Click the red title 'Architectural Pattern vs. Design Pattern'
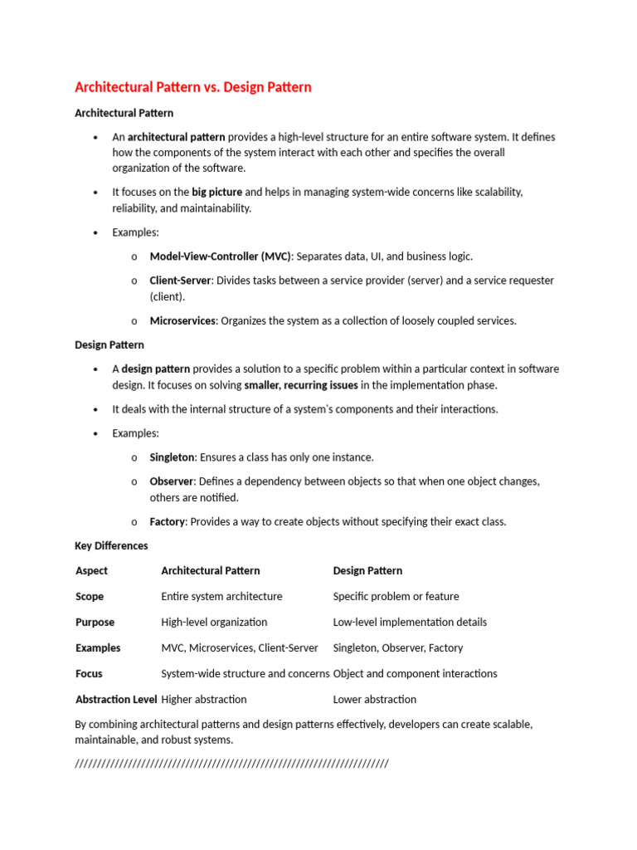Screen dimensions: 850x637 pyautogui.click(x=193, y=87)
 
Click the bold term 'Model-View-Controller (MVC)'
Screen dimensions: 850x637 pyautogui.click(x=221, y=256)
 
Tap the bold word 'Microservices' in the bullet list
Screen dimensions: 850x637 pyautogui.click(x=182, y=320)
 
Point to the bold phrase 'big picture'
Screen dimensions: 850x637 pyautogui.click(x=217, y=192)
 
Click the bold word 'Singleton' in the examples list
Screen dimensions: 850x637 pyautogui.click(x=172, y=457)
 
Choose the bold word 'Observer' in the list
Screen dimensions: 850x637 pyautogui.click(x=171, y=481)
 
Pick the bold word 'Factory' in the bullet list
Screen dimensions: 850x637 pyautogui.click(x=167, y=522)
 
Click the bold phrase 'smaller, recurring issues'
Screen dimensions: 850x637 pyautogui.click(x=301, y=385)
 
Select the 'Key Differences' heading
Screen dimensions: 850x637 pyautogui.click(x=111, y=546)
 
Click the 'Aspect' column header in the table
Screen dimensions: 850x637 pyautogui.click(x=91, y=571)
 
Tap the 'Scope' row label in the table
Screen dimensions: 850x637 pyautogui.click(x=90, y=597)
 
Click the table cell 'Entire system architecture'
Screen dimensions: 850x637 pyautogui.click(x=221, y=597)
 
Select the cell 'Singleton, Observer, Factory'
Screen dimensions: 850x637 pyautogui.click(x=398, y=648)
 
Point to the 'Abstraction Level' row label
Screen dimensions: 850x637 pyautogui.click(x=116, y=700)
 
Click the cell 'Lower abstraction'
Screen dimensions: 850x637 pyautogui.click(x=375, y=700)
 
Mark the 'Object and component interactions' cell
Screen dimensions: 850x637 pyautogui.click(x=416, y=674)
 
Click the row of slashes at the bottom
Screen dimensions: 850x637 pyautogui.click(x=231, y=764)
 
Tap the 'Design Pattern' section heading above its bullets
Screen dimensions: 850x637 pyautogui.click(x=109, y=344)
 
